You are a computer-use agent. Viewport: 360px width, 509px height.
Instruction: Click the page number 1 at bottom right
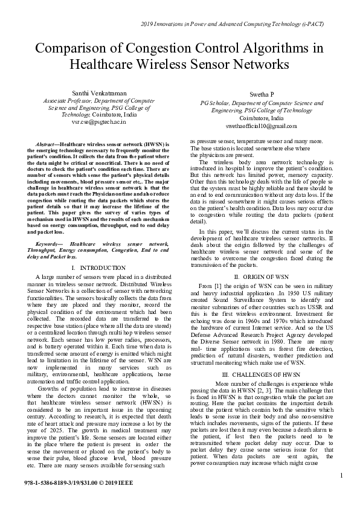coord(341,477)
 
